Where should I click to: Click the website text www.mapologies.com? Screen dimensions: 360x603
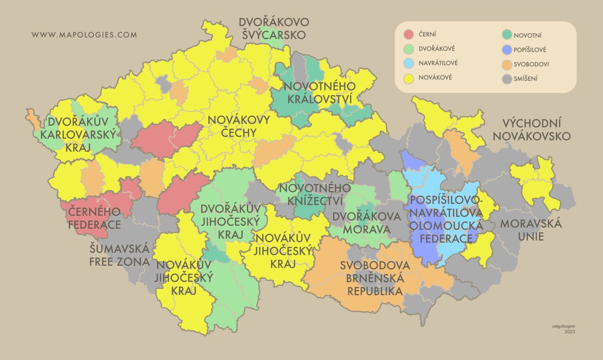tap(84, 35)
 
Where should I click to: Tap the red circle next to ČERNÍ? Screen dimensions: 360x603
tap(409, 34)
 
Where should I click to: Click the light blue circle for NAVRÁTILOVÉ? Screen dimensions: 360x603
tap(409, 63)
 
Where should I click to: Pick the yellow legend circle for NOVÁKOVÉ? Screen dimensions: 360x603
tap(409, 78)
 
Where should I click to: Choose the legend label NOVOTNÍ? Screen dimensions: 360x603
tap(528, 35)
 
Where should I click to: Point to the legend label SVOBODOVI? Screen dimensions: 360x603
tap(531, 64)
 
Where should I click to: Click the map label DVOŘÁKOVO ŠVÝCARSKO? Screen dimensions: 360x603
tap(274, 28)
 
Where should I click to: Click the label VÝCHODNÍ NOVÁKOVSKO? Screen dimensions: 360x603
tap(536, 130)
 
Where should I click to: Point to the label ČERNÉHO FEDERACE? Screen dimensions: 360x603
tap(94, 218)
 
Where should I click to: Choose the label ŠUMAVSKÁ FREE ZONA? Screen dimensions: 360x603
tap(120, 255)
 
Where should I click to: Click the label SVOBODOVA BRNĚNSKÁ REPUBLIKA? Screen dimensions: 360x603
tap(375, 278)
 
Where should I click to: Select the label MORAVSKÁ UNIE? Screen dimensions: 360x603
tap(531, 229)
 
